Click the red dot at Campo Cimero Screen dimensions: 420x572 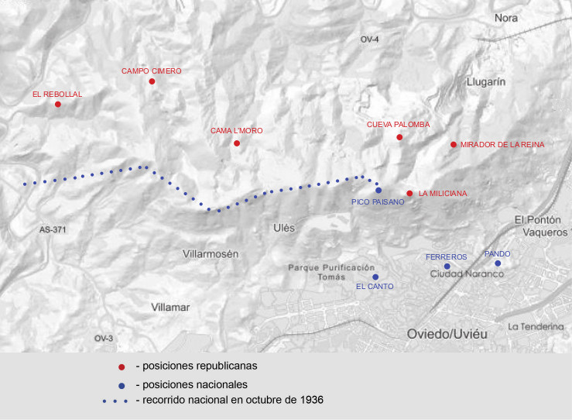pyautogui.click(x=152, y=81)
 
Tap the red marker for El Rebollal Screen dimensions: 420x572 pyautogui.click(x=58, y=104)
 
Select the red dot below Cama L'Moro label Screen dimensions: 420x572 pyautogui.click(x=237, y=143)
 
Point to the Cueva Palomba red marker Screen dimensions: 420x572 pyautogui.click(x=399, y=137)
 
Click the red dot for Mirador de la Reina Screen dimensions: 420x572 pyautogui.click(x=453, y=144)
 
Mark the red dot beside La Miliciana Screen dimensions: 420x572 pyautogui.click(x=409, y=193)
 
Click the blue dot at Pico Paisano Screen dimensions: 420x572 pyautogui.click(x=378, y=190)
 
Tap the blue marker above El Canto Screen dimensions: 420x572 pyautogui.click(x=375, y=277)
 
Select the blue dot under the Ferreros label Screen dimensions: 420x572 pyautogui.click(x=447, y=267)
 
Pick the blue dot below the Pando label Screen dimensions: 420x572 pyautogui.click(x=498, y=263)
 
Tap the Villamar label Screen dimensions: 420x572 pyautogui.click(x=170, y=307)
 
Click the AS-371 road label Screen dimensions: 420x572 pyautogui.click(x=53, y=230)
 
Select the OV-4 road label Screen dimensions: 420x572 pyautogui.click(x=370, y=40)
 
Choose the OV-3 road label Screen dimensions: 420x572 pyautogui.click(x=104, y=339)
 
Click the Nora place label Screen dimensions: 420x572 pyautogui.click(x=505, y=18)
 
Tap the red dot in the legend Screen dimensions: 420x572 pyautogui.click(x=122, y=367)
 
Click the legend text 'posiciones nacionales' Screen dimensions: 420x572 pyautogui.click(x=190, y=384)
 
